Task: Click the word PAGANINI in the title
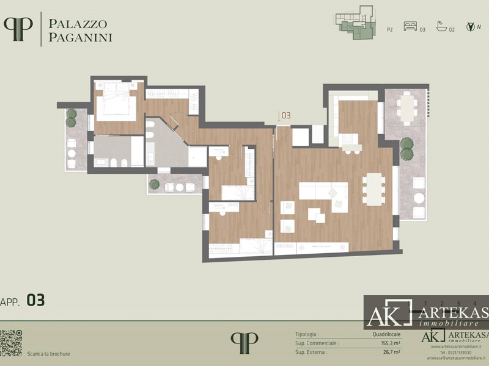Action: (81, 37)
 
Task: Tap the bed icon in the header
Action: (410, 27)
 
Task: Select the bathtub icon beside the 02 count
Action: (441, 27)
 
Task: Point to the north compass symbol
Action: (470, 26)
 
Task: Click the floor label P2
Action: (389, 29)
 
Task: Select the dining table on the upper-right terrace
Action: (406, 108)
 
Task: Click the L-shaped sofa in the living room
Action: (324, 197)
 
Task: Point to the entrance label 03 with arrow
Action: (284, 115)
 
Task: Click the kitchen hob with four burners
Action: (350, 140)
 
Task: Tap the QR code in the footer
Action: (11, 343)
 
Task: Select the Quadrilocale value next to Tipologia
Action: (386, 335)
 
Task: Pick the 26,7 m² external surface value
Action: (391, 352)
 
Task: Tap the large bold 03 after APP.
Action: (35, 300)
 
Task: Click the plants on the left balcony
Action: (72, 118)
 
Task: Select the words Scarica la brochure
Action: (49, 354)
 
